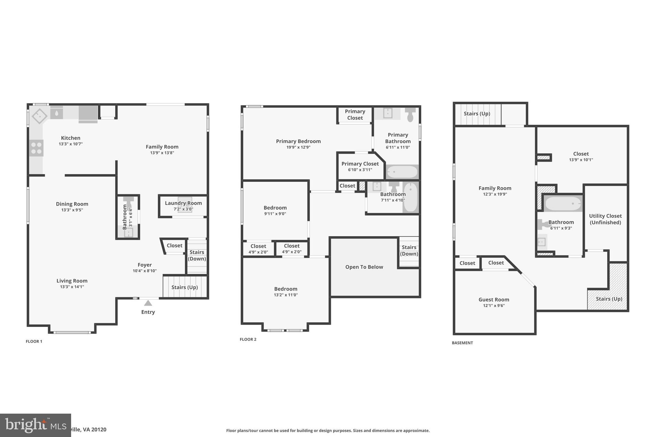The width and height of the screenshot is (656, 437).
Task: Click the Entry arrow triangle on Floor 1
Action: (x=148, y=303)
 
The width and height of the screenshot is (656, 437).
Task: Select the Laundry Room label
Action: (x=183, y=203)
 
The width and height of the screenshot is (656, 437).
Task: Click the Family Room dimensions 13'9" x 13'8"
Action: (x=162, y=153)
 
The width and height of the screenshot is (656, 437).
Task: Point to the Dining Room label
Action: (x=72, y=204)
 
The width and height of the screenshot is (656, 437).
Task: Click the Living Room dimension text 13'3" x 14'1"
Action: (x=72, y=287)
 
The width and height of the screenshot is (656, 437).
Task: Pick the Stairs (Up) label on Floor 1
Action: (x=184, y=287)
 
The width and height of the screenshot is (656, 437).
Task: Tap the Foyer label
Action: (x=144, y=265)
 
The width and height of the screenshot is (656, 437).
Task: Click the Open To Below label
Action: (x=364, y=267)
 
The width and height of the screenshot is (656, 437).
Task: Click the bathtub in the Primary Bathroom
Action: (x=402, y=172)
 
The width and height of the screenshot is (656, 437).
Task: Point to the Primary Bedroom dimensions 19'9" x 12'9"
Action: (x=298, y=147)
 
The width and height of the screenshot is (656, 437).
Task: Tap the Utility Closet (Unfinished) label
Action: (x=605, y=219)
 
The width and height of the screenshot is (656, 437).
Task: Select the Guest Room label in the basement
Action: (x=494, y=300)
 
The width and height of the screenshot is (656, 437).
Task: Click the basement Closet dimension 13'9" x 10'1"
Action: (x=581, y=160)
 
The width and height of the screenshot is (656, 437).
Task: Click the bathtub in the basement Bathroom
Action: (x=563, y=204)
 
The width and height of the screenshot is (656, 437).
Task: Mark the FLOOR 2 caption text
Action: (x=248, y=339)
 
